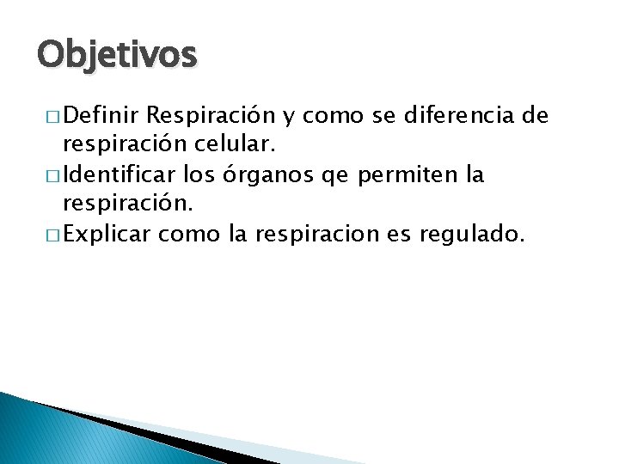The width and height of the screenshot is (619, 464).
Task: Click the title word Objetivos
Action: [117, 56]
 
